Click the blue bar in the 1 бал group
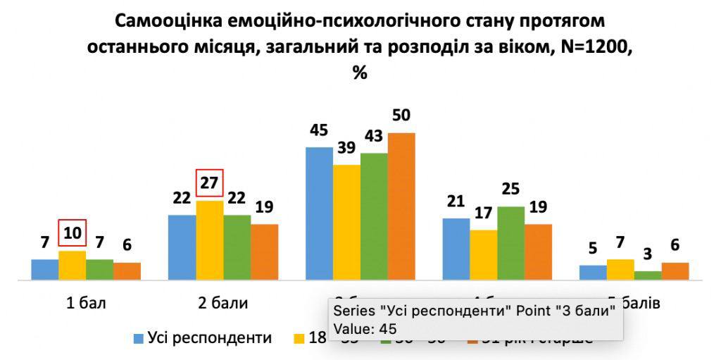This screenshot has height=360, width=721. [x=44, y=270]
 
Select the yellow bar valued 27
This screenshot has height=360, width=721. [x=210, y=240]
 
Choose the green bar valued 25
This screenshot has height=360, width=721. [x=511, y=243]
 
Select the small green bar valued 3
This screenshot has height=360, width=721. [x=648, y=275]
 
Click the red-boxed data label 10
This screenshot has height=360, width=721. [x=72, y=232]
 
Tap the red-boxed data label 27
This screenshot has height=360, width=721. [x=209, y=183]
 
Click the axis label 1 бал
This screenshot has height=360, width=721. [x=86, y=304]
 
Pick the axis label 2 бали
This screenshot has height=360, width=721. [x=223, y=304]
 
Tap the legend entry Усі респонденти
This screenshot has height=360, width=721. [x=209, y=338]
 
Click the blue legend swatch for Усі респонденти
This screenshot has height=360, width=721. [x=139, y=339]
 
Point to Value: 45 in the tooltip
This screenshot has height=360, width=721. [x=365, y=328]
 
